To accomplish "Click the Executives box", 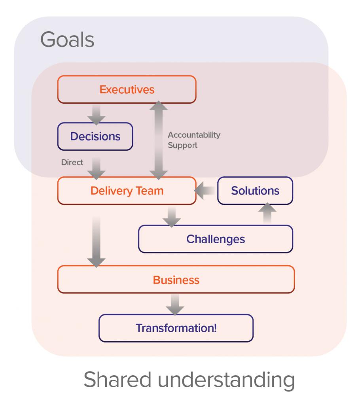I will coord(127,89).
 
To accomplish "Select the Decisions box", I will coord(95,136).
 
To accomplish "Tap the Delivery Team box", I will coord(127,191).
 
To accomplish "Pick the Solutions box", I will coord(255,191).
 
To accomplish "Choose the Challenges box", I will coord(216,239).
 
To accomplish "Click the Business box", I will coord(176,280).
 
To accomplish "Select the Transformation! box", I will coord(176,328).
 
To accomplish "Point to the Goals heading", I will coord(67,40).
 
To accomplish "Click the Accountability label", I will coord(194,135).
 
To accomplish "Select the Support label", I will coord(182,145).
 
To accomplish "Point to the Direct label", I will coord(72,162).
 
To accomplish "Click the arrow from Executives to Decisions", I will coord(96,114).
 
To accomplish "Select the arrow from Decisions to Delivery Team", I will coord(96,168).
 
